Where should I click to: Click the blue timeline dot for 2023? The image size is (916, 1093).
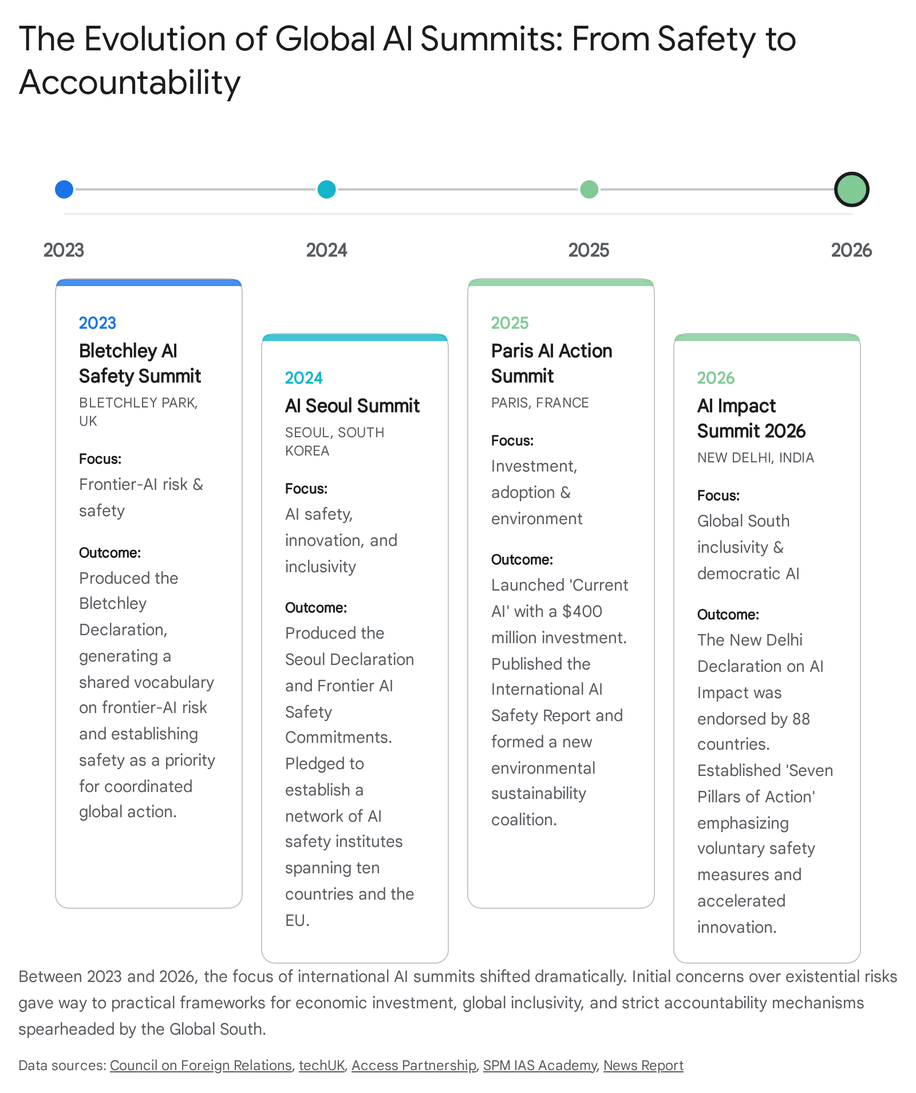64,189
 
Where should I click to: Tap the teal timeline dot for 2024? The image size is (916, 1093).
326,189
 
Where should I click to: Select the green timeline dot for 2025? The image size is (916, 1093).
589,189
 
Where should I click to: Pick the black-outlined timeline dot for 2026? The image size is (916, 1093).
852,189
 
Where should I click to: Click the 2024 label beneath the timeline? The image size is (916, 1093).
326,250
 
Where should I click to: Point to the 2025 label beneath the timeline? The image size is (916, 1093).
589,250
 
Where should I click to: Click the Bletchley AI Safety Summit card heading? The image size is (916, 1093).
140,363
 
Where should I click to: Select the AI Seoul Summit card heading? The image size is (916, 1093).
352,406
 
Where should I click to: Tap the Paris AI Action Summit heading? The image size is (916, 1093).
551,363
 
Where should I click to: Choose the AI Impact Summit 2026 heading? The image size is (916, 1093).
751,418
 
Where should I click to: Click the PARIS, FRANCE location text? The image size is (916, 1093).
540,403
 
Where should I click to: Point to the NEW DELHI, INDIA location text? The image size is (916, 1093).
756,458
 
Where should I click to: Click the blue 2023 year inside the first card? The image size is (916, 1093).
97,323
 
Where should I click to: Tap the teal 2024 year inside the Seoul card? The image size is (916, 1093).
304,378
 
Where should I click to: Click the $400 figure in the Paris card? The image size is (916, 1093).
582,611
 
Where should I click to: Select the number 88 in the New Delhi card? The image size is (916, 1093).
801,719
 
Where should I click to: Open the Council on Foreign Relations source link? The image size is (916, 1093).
201,1066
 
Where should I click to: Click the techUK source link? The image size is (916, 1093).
322,1066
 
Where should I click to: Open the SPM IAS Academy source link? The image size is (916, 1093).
540,1066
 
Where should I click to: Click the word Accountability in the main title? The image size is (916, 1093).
130,82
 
